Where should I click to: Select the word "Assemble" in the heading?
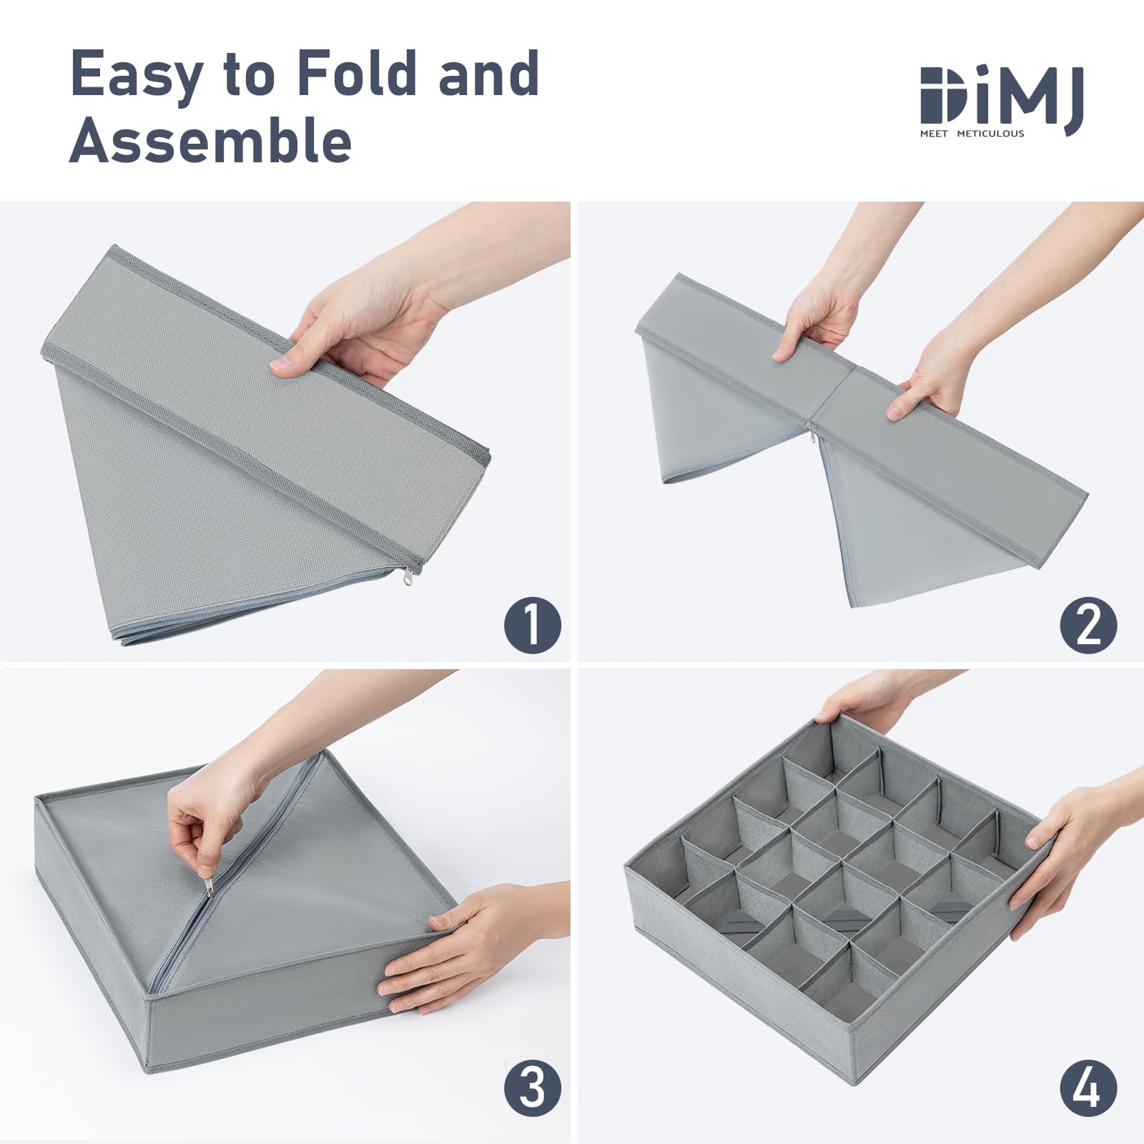pos(211,140)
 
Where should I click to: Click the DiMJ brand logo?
pos(1002,101)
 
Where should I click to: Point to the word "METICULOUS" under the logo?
pos(990,134)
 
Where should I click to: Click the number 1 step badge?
pos(533,625)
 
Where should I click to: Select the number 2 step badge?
pos(1089,625)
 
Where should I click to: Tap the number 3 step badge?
pos(533,1088)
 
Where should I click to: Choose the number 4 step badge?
pos(1089,1088)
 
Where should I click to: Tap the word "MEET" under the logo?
pos(934,134)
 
